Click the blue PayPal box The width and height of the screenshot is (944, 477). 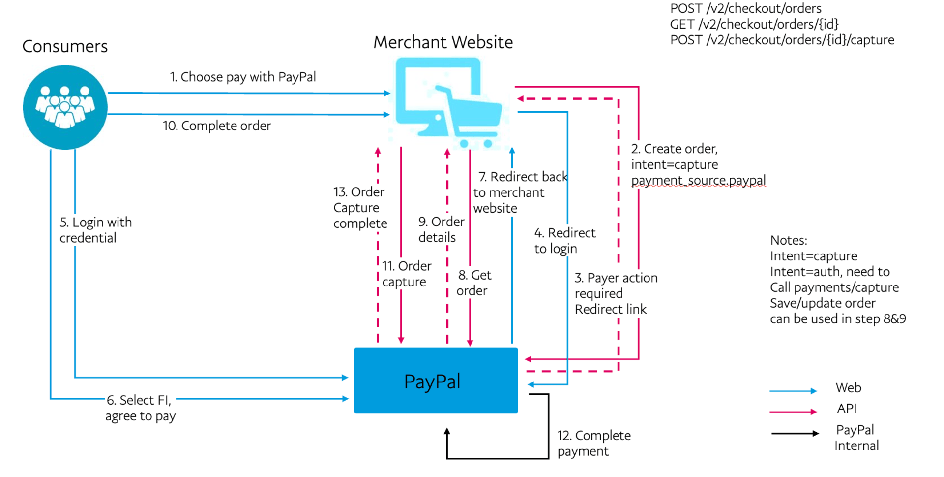coord(436,381)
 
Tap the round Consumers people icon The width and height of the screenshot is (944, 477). coord(65,107)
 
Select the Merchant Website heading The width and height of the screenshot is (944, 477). coord(442,42)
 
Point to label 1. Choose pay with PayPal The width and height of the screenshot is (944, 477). coord(243,77)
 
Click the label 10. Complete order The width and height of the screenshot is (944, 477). coord(217,126)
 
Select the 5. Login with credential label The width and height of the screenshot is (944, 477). coord(95,230)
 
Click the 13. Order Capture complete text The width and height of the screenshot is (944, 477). coord(359,207)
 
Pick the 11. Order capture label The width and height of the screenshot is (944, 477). coord(406,274)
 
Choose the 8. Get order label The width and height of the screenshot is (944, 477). coord(473,283)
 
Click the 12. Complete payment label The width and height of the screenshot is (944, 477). coord(593,443)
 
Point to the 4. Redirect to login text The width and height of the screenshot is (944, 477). coord(564,240)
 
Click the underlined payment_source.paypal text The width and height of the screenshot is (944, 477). coord(698,180)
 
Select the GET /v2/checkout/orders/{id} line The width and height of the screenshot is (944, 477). coord(754,24)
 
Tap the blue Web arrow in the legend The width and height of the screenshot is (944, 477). coord(793,391)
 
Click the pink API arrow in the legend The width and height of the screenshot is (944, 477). coord(793,412)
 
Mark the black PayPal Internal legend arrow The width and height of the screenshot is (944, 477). coord(794,433)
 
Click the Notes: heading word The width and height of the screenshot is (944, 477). coord(788,240)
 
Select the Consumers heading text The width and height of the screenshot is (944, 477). coord(65,46)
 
